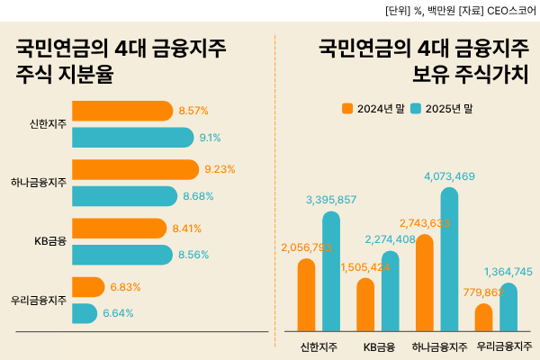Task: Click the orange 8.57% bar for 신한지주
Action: point(121,111)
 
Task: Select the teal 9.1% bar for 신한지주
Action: point(132,138)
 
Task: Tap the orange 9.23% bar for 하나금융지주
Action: point(134,169)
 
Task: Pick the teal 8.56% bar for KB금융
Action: point(121,255)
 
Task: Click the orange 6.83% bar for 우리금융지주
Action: point(87,286)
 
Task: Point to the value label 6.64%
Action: point(118,313)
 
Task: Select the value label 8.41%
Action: point(187,228)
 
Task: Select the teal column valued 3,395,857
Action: point(331,271)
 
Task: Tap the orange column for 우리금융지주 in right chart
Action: point(483,317)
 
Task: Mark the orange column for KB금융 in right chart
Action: point(365,304)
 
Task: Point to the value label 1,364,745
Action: point(508,272)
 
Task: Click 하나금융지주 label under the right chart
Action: point(438,346)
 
